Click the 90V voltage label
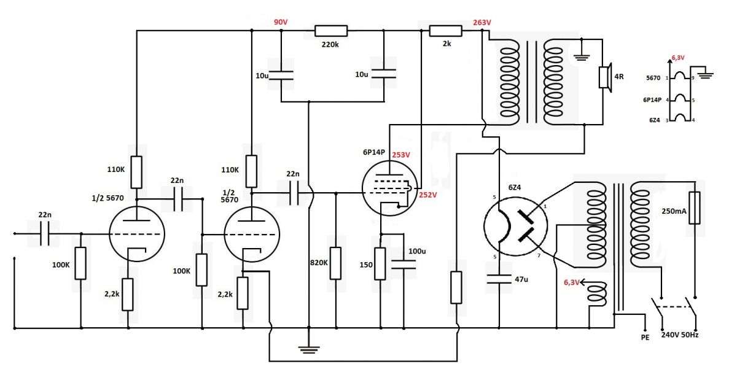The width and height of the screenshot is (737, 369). [281, 22]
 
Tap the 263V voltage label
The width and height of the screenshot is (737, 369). [482, 22]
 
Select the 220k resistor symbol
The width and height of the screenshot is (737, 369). [331, 31]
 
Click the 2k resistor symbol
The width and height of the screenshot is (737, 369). [446, 31]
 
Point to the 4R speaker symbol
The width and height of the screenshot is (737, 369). [606, 77]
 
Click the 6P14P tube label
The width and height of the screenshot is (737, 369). [374, 152]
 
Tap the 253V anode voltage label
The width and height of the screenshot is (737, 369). [400, 155]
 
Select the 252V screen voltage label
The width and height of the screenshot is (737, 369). [427, 195]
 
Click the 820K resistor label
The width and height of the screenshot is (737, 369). [319, 263]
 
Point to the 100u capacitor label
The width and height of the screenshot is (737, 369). [417, 251]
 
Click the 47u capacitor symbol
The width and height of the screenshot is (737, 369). [499, 279]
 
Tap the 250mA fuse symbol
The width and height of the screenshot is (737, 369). [695, 208]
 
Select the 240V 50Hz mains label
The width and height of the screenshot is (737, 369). [680, 335]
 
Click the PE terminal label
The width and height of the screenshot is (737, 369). [645, 338]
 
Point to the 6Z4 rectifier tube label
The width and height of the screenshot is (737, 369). [515, 187]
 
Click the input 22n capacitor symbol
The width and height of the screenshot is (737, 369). [45, 234]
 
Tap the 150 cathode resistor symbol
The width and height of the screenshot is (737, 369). [380, 264]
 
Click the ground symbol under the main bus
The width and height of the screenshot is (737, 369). [308, 349]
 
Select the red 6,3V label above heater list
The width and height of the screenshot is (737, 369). [678, 58]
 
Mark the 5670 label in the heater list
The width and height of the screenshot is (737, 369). [653, 78]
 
